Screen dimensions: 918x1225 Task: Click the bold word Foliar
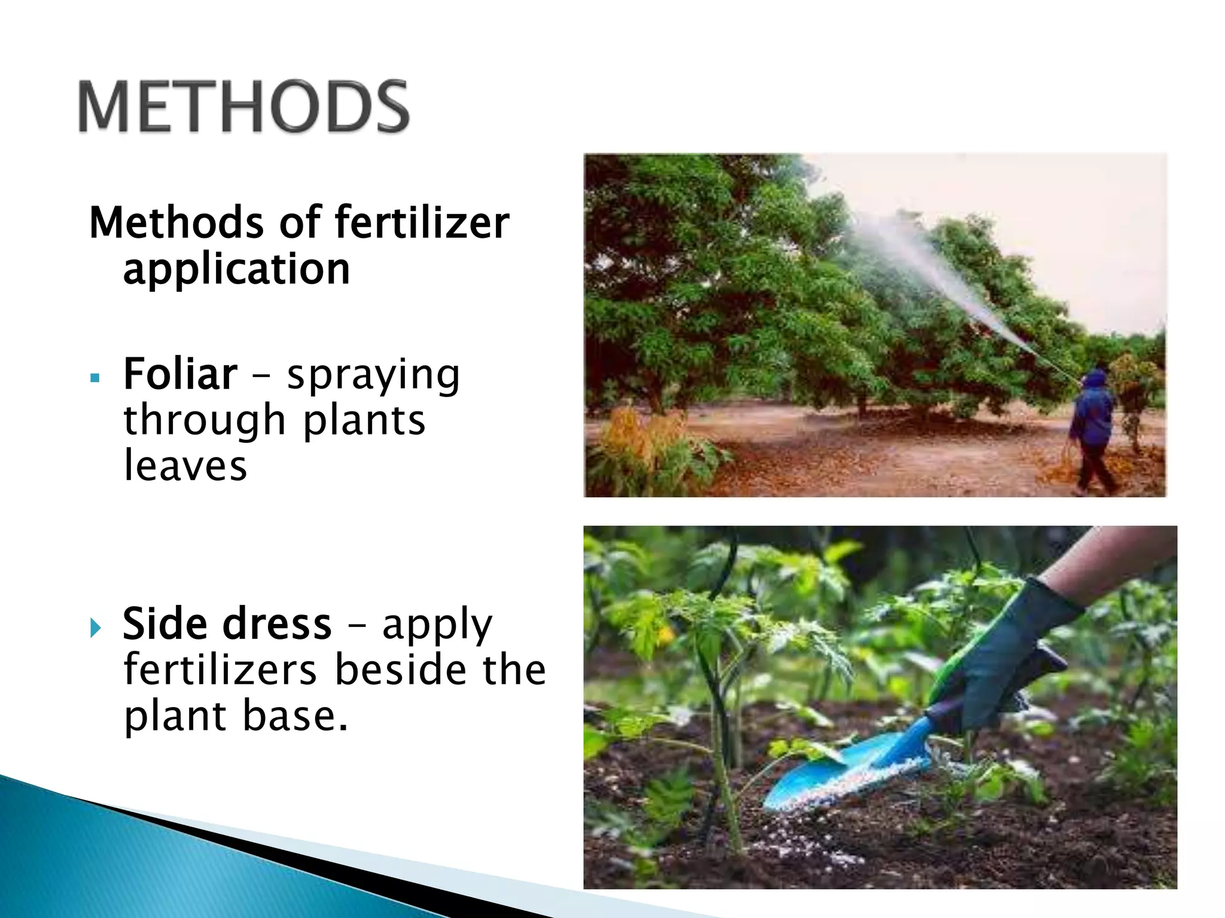[x=180, y=375]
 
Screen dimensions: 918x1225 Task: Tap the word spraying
[x=373, y=376]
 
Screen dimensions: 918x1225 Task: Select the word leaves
[x=185, y=466]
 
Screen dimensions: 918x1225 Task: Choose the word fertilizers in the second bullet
[x=220, y=670]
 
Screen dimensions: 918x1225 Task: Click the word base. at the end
[x=295, y=716]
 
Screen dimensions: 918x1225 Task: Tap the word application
[x=236, y=269]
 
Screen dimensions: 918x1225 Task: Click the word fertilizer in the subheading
[x=422, y=222]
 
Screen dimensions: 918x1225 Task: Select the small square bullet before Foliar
[x=95, y=378]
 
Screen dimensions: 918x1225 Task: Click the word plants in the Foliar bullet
[x=364, y=421]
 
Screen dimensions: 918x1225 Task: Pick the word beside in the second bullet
[x=400, y=670]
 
